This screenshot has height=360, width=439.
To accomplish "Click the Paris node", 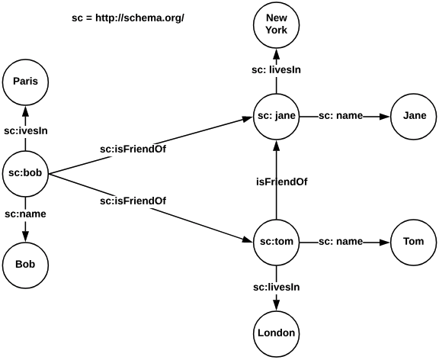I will point(26,80).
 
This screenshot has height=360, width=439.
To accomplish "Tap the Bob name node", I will point(26,264).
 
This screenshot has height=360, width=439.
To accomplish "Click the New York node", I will point(276,25).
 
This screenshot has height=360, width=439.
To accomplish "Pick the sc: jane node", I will point(276,116).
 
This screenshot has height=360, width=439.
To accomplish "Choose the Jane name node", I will point(414,116).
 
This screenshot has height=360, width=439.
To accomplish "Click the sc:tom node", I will point(276,242).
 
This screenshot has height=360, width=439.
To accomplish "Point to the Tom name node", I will point(414,242).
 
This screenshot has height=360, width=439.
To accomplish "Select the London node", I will point(276,333).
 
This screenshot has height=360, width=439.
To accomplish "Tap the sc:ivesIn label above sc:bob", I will point(26,130).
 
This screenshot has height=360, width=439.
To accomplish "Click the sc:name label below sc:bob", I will point(26,214).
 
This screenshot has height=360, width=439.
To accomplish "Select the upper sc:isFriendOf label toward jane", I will point(133,149).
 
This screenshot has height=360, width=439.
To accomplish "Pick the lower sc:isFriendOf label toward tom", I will point(133,201).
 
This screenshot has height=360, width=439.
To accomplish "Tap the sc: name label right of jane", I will point(341,116).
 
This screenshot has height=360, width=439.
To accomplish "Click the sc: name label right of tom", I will point(341,242).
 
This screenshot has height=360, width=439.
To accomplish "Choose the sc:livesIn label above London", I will point(276,287).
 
